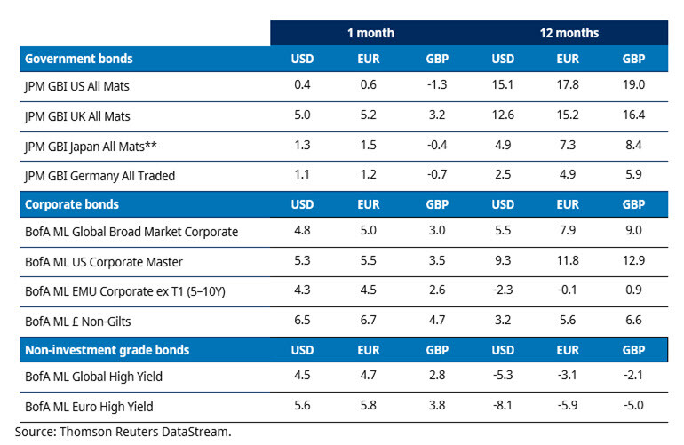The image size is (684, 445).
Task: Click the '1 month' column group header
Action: tap(371, 33)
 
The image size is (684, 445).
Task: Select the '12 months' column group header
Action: tap(569, 33)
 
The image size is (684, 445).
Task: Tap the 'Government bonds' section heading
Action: tap(79, 59)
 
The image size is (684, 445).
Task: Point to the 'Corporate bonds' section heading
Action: tap(72, 204)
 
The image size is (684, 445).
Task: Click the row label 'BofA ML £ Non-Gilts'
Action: tap(78, 320)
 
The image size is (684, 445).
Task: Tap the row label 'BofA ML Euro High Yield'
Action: tap(90, 407)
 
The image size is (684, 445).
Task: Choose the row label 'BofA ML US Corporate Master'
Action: tap(103, 262)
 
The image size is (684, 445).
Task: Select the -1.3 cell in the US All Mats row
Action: tap(437, 88)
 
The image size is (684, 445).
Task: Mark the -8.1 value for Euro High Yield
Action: tap(503, 407)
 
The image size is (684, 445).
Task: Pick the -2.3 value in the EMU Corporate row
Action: tap(503, 290)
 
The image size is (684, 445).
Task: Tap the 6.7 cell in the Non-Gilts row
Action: tap(370, 320)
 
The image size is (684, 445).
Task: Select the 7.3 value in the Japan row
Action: tap(569, 146)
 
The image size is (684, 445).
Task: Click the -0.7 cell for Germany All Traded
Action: tap(437, 175)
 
